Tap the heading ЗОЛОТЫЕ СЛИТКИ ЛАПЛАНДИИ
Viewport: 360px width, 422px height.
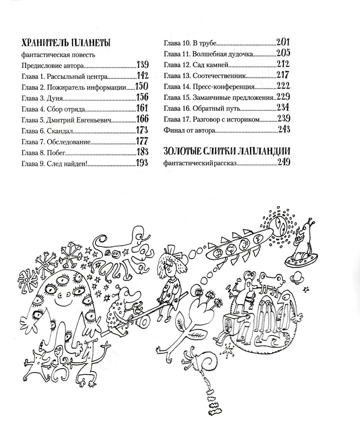pyautogui.click(x=227, y=151)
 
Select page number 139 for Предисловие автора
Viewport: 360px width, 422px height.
pyautogui.click(x=142, y=64)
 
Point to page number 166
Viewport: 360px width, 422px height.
pyautogui.click(x=142, y=119)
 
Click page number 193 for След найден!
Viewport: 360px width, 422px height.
pyautogui.click(x=142, y=163)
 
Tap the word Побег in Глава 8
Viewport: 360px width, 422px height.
pyautogui.click(x=58, y=152)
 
